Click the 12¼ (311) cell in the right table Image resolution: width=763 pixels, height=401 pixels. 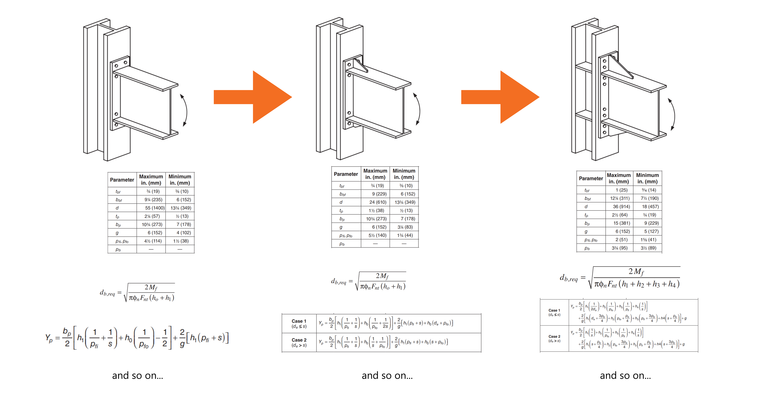pos(620,198)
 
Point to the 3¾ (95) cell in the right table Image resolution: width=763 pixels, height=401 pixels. pos(620,248)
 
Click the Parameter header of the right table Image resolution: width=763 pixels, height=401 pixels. pos(591,178)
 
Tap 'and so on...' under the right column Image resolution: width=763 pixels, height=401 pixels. pos(625,376)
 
